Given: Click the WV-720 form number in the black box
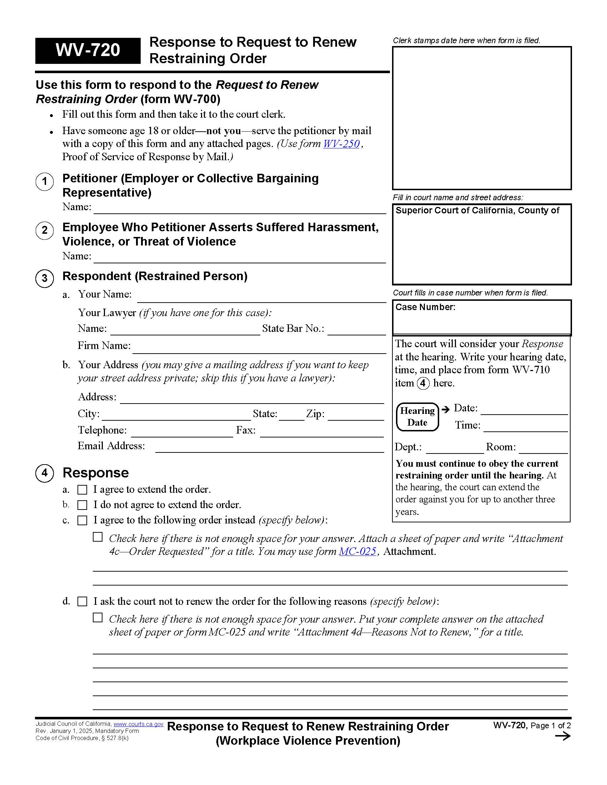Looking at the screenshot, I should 88,50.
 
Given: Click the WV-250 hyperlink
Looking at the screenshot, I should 341,144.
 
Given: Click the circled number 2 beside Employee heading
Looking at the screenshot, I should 45,230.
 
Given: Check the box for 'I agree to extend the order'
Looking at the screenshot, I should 82,490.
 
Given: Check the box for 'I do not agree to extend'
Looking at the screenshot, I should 82,505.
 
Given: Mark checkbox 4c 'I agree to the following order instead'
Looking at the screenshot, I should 82,521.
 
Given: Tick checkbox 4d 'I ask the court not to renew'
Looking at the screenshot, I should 82,602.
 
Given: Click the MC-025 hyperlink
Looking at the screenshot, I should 357,551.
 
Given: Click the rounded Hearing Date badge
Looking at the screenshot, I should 417,416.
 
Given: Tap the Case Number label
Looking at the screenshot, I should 425,307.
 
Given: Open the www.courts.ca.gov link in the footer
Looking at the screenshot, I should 139,724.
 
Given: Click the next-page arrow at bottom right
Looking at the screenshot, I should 562,736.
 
